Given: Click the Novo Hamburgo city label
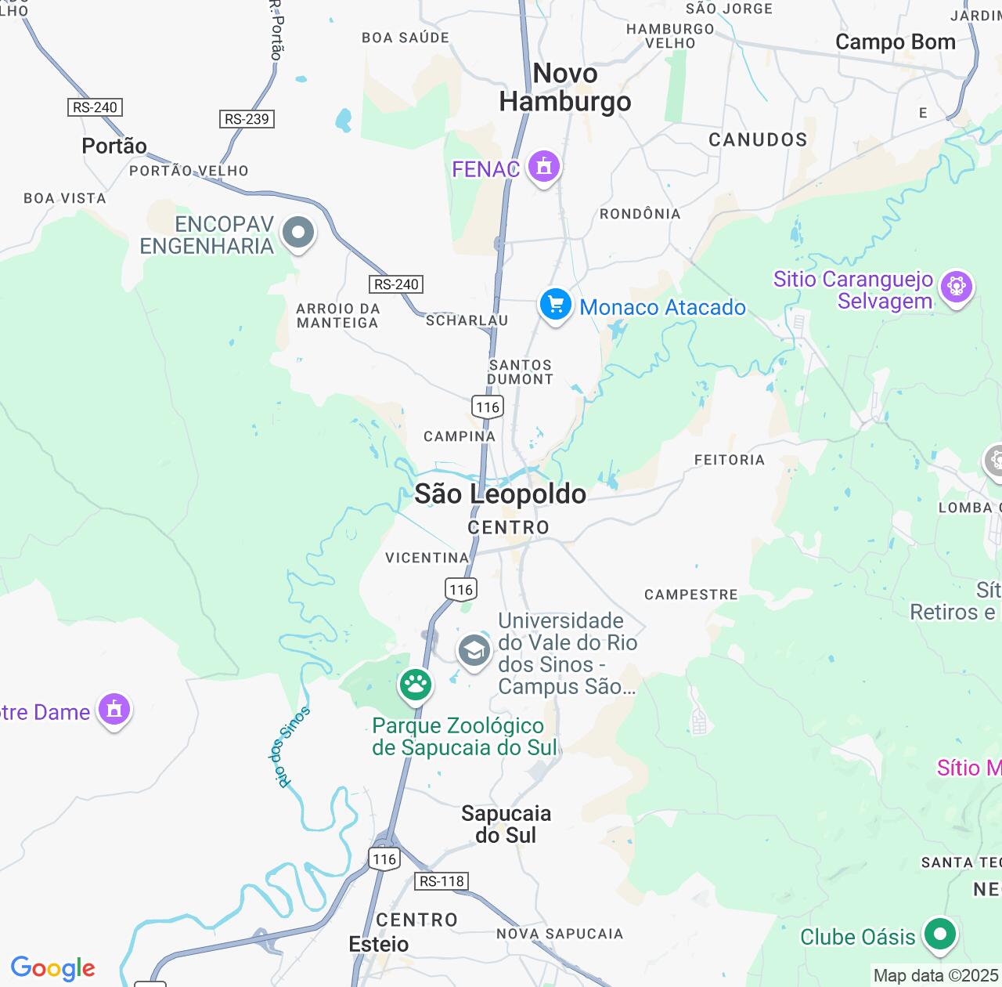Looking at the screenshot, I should tap(565, 88).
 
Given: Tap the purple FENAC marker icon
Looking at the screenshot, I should tap(543, 166).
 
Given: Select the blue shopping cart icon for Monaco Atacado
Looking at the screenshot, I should tap(555, 304).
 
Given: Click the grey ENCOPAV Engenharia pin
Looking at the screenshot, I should tap(297, 233).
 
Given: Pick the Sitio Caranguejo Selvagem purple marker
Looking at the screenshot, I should tap(956, 287).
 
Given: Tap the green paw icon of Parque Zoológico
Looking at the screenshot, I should tap(416, 685).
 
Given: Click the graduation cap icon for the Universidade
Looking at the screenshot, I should tap(474, 651).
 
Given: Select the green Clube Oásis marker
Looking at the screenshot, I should tap(939, 934).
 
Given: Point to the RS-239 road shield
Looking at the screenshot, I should tap(247, 119).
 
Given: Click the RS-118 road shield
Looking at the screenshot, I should tap(442, 881).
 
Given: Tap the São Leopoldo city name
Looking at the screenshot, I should tap(500, 494).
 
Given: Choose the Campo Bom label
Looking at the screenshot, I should tap(895, 42).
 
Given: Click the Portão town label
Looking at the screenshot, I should tap(114, 146).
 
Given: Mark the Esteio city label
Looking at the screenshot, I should tap(379, 944).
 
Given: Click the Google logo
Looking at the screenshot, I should tap(52, 968).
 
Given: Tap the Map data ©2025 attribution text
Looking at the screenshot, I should tap(935, 976).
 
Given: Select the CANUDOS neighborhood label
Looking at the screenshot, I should tap(757, 140).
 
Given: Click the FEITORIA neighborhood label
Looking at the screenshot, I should tap(729, 460).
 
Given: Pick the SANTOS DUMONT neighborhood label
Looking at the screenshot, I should tap(520, 372).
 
